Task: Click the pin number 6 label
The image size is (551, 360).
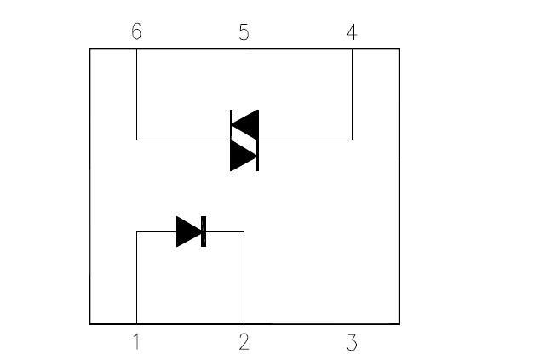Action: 136,31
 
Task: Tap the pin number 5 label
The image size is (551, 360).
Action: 244,32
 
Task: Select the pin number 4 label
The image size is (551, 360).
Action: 352,31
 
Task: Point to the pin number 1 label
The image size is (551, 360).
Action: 136,342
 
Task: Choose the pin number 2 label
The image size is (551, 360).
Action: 244,342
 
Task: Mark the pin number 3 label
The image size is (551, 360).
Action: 352,342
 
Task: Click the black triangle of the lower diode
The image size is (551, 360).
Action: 189,231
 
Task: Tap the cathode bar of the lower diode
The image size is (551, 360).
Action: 204,231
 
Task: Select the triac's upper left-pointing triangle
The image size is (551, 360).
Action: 245,125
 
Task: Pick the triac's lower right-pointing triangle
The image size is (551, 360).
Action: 244,156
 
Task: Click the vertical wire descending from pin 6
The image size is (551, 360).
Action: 137,94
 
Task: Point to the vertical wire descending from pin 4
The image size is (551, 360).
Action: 352,94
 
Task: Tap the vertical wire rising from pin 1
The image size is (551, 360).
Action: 137,277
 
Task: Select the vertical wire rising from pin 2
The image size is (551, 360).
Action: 244,277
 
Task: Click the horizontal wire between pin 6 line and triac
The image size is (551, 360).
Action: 183,140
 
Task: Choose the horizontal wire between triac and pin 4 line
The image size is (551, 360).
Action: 306,140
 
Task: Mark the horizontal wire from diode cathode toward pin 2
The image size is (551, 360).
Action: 225,231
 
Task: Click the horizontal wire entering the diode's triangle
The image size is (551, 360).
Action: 157,231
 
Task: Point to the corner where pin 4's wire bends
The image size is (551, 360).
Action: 352,140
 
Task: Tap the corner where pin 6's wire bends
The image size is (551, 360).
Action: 137,140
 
